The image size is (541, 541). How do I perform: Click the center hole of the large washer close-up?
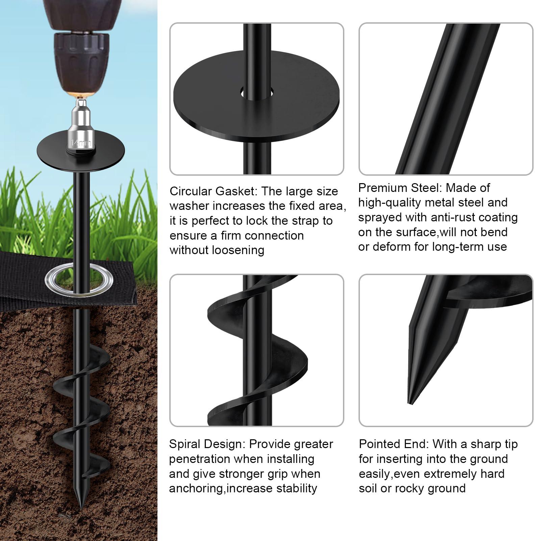tap(257, 92)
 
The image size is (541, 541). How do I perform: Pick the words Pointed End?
tap(394, 444)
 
